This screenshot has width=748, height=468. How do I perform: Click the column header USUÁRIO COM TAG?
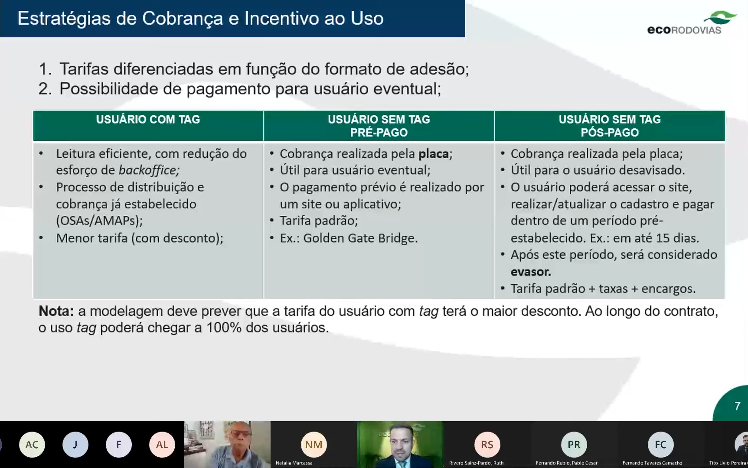pos(148,120)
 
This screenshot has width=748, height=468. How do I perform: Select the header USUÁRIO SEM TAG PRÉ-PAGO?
pos(379,126)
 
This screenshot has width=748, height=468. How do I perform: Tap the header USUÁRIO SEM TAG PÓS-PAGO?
pos(609,126)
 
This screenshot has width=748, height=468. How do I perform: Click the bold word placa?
pos(433,154)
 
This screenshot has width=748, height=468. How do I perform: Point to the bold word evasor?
pos(530,272)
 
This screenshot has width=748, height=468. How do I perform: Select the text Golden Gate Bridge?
pos(359,238)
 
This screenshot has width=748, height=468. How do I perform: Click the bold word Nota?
pos(56,311)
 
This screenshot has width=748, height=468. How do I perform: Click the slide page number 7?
pos(737,406)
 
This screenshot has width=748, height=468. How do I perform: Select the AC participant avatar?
pos(32,445)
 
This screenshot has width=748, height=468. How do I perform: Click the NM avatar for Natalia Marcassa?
pos(314,445)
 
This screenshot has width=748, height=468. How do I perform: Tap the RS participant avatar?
pos(487,445)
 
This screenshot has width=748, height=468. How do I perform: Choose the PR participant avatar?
pos(574,445)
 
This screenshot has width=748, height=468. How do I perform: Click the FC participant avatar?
pos(660,445)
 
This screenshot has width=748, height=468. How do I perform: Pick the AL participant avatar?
pos(162,445)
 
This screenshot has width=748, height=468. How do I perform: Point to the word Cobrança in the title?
pos(183,19)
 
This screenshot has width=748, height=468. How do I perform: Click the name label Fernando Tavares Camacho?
pos(652,463)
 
